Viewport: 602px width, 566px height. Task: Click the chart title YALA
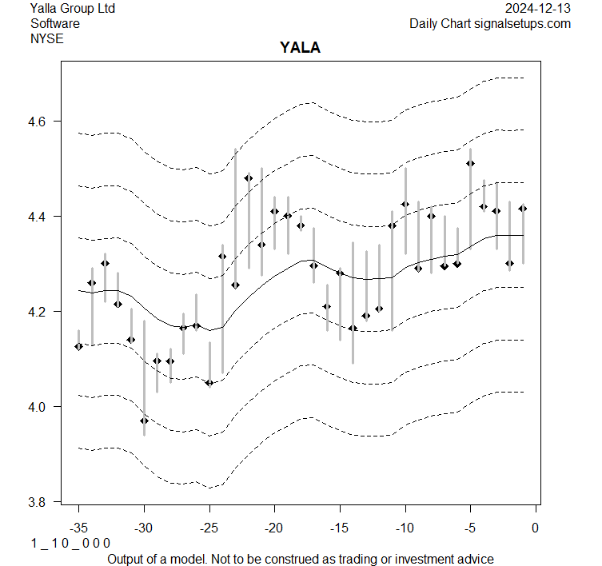[x=300, y=48]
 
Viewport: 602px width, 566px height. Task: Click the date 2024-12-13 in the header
[x=538, y=9]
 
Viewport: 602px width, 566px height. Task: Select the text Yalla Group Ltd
[x=73, y=9]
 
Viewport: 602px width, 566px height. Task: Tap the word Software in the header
[x=55, y=23]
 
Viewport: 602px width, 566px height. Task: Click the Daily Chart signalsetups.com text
[x=490, y=23]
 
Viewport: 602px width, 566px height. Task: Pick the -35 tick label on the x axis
[x=78, y=528]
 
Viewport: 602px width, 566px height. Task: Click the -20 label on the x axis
[x=274, y=528]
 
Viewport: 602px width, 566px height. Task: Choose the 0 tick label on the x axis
[x=536, y=528]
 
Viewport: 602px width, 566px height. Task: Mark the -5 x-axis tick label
[x=470, y=528]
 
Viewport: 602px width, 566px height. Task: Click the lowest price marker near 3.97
[x=144, y=421]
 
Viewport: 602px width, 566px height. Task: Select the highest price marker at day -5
[x=470, y=163]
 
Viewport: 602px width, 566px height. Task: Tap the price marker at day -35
[x=78, y=346]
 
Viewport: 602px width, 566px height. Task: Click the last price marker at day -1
[x=523, y=209]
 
